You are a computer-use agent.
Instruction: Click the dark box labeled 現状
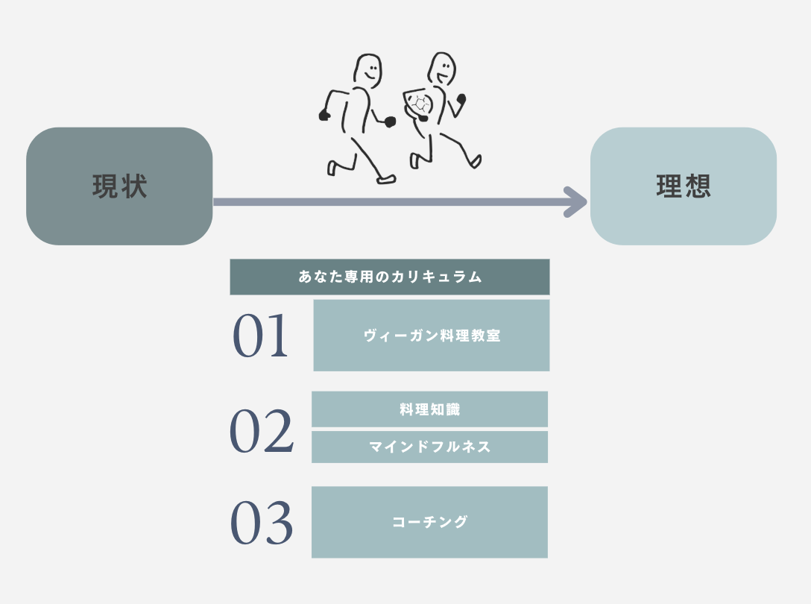[119, 186]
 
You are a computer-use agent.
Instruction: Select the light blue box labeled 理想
[683, 186]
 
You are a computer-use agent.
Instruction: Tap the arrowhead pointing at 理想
[577, 201]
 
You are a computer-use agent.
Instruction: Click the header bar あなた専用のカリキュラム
[389, 277]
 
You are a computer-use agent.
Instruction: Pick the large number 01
[260, 336]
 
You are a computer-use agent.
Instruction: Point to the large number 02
[261, 432]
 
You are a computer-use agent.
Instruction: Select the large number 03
[261, 523]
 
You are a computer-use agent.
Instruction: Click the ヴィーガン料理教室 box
[431, 336]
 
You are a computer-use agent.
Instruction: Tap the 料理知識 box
[429, 409]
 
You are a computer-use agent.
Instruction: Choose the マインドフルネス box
[429, 447]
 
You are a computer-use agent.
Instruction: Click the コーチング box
[429, 522]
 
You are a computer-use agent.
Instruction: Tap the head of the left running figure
[367, 70]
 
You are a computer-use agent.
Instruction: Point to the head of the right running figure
[442, 69]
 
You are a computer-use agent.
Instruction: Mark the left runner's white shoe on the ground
[386, 179]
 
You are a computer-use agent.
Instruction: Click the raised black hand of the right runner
[461, 98]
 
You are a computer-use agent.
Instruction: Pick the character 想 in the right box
[698, 186]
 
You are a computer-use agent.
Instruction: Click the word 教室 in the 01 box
[485, 336]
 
